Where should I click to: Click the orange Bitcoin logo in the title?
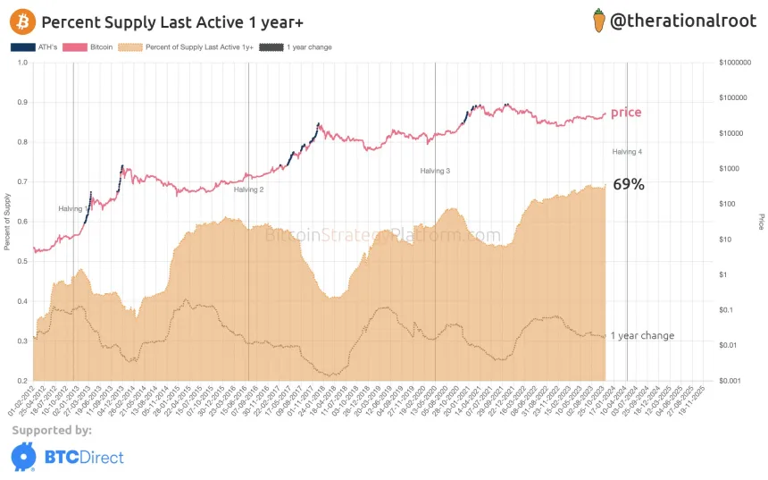[x=24, y=21]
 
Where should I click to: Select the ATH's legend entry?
[x=35, y=46]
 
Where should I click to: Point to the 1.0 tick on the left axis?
[x=22, y=63]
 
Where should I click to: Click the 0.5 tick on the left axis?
[x=22, y=261]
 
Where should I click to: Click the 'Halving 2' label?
[x=249, y=189]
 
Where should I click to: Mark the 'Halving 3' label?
[x=436, y=170]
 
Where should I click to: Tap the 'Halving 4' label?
[x=627, y=152]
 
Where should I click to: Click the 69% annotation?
[x=629, y=185]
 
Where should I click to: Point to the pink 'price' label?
[x=626, y=113]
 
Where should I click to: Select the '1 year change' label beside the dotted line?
[x=642, y=336]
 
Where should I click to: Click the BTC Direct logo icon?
[x=24, y=457]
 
